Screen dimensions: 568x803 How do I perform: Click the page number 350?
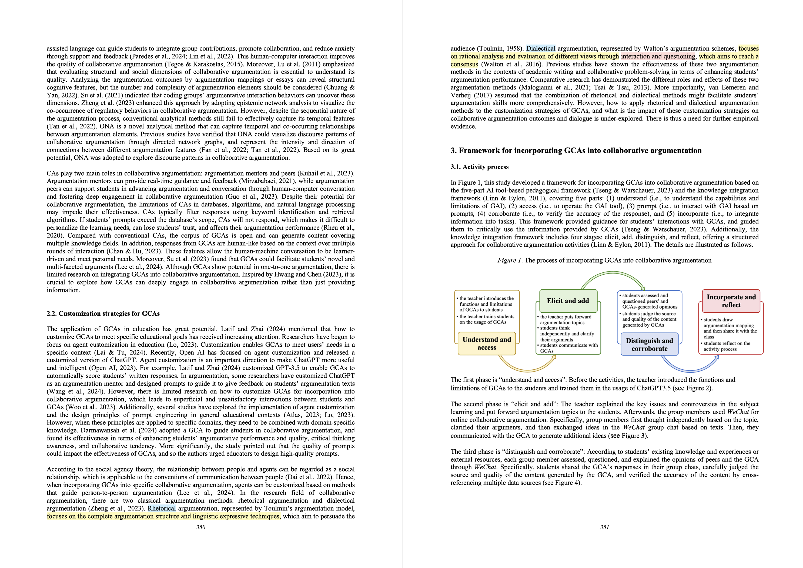tap(200, 527)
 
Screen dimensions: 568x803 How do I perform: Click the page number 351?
tap(604, 527)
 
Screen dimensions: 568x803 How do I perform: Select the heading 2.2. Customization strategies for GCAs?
tap(103, 313)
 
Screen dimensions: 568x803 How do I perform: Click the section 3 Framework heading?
tap(576, 151)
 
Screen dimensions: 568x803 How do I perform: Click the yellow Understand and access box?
tap(487, 343)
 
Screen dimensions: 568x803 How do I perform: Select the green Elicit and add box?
tap(568, 301)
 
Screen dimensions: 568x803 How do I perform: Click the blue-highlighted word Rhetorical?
tap(162, 508)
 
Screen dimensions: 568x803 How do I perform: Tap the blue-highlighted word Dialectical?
tap(540, 49)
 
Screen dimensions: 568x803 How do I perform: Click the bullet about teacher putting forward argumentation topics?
tap(565, 320)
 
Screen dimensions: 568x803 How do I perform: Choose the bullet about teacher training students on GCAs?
tap(487, 319)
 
